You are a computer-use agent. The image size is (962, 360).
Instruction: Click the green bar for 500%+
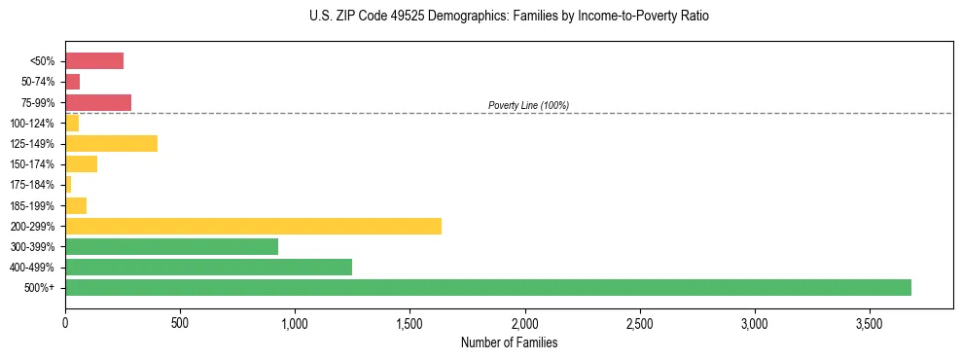488,287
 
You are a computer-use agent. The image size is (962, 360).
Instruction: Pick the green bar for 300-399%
171,246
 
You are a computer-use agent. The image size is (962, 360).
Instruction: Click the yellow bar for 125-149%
111,144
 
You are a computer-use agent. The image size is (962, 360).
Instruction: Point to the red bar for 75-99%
98,102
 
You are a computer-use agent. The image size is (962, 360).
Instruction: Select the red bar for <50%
94,61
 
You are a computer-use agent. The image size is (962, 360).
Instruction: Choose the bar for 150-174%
82,164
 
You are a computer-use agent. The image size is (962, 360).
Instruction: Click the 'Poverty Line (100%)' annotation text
528,105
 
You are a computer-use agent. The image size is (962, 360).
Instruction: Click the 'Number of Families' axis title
510,343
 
